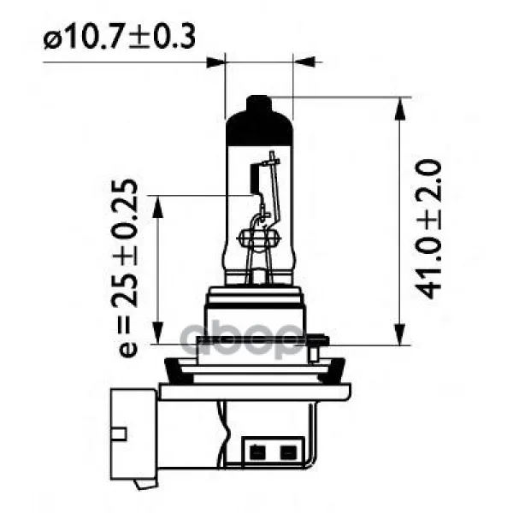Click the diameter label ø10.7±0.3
pos(120,37)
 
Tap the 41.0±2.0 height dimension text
pos(428,228)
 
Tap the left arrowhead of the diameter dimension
pos(216,62)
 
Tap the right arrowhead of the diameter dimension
pos(304,62)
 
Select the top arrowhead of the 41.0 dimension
pos(400,109)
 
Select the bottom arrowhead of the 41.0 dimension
pos(400,334)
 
